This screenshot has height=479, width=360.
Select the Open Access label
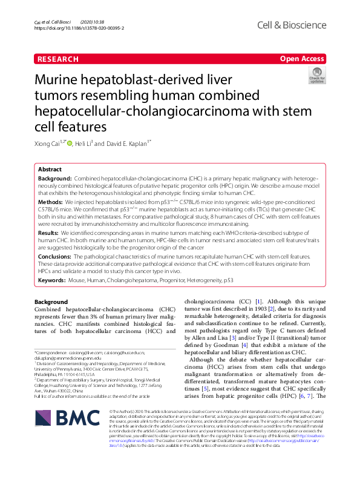coord(302,59)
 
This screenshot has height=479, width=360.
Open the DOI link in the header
coord(79,28)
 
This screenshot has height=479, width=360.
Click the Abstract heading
coord(50,170)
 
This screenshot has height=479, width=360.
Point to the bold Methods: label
coord(50,201)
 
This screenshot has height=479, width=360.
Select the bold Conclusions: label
coord(55,256)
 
